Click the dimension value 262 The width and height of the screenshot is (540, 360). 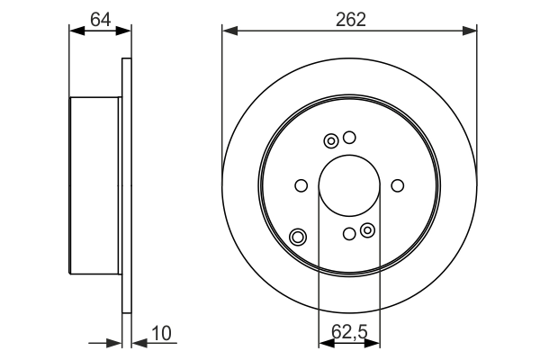click(349, 19)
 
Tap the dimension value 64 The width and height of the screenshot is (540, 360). click(100, 19)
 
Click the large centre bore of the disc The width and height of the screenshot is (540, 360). click(349, 185)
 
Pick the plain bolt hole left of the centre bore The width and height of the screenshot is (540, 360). click(301, 185)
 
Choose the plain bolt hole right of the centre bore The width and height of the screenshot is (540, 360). click(398, 185)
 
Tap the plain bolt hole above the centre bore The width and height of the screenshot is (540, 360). click(349, 138)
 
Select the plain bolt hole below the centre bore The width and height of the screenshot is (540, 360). click(349, 234)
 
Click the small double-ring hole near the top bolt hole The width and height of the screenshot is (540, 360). click(331, 140)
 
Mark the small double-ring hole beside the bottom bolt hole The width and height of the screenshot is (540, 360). click(367, 231)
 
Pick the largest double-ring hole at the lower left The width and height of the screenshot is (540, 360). click(298, 238)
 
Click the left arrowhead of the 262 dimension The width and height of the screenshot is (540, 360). click(229, 31)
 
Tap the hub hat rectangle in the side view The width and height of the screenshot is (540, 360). click(94, 185)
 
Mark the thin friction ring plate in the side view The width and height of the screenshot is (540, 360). click(126, 185)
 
